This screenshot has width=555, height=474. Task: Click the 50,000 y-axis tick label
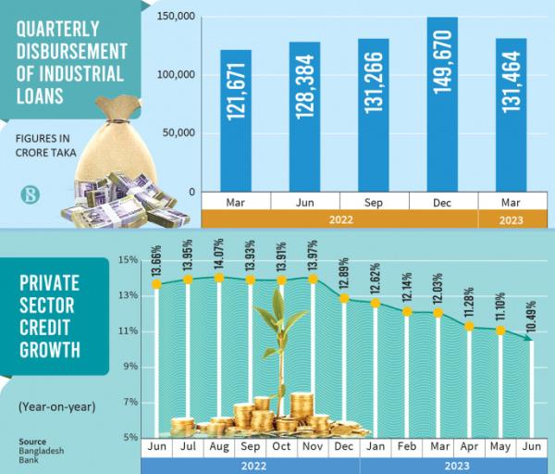[x=177, y=133]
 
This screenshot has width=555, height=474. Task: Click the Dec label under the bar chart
[x=443, y=201]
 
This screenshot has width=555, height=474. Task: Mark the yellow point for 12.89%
[x=344, y=298]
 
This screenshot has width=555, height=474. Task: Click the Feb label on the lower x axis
[x=407, y=447]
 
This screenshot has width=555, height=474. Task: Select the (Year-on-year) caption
[x=55, y=405]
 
